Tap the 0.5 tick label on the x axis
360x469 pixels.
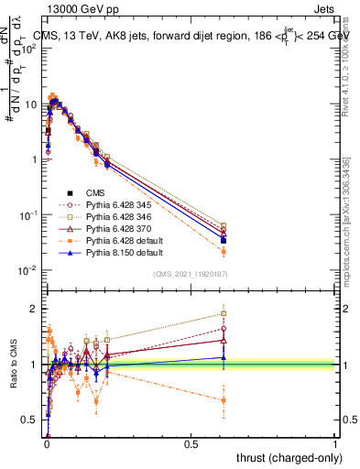pyautogui.click(x=191, y=446)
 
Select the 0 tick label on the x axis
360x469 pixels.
pyautogui.click(x=47, y=446)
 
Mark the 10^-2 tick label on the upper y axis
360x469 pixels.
pyautogui.click(x=27, y=270)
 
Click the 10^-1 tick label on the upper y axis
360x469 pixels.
pyautogui.click(x=27, y=214)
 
